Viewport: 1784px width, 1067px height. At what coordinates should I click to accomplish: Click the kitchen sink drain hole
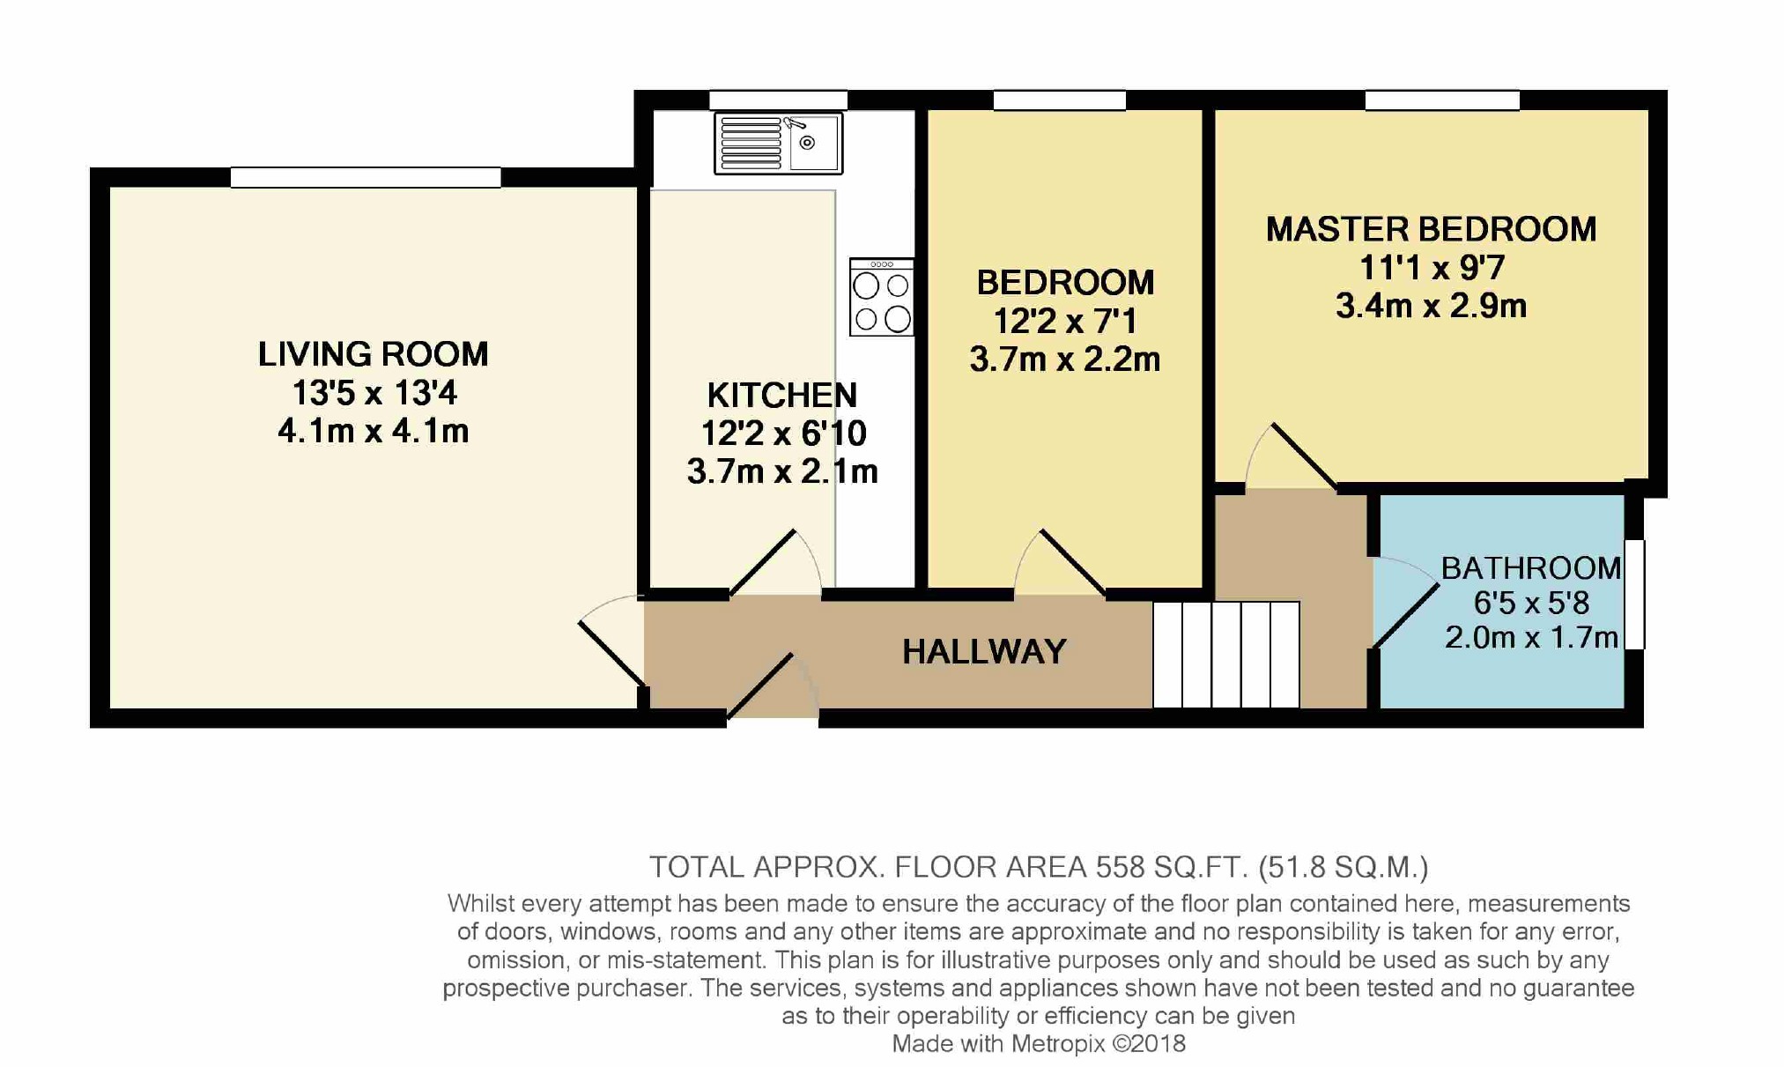[807, 143]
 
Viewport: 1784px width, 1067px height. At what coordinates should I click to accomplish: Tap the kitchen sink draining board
[751, 143]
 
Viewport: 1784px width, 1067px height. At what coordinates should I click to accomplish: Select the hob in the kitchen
[881, 297]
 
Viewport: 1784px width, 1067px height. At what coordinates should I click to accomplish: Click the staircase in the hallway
[1226, 655]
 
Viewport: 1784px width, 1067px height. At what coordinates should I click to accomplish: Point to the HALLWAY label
[984, 652]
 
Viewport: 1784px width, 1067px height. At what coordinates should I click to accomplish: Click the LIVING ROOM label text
[373, 354]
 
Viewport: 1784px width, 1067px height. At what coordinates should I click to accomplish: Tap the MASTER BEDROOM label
[1431, 229]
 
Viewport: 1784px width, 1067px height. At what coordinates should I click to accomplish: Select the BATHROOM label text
[1531, 568]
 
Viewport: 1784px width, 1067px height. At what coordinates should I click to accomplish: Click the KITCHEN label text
[782, 395]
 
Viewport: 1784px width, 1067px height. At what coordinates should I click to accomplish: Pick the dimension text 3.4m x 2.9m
[1431, 306]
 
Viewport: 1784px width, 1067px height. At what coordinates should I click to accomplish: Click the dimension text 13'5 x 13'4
[374, 393]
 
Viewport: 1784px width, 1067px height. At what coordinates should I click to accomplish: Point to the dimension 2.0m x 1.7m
[1531, 637]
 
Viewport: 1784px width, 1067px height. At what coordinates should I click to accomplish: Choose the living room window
[366, 177]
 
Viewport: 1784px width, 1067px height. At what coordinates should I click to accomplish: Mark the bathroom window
[1634, 595]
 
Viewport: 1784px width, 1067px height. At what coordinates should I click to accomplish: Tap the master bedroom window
[1442, 100]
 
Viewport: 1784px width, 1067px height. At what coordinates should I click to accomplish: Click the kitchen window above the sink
[778, 100]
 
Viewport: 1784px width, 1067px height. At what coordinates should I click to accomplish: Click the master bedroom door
[1292, 456]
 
